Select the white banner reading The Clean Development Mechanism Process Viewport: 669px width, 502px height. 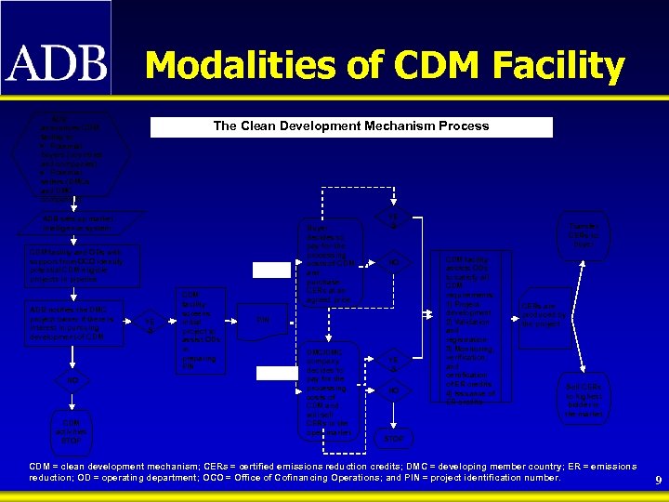[351, 126]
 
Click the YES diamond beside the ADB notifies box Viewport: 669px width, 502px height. [151, 323]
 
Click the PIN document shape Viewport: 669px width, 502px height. [263, 322]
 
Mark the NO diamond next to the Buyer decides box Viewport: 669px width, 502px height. [395, 263]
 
